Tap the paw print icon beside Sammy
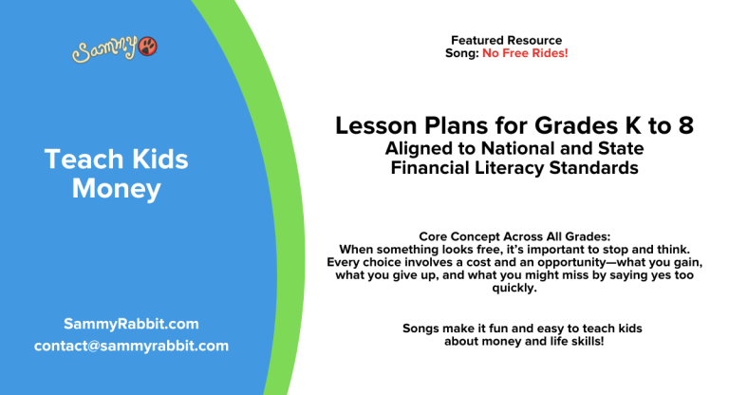point(147,47)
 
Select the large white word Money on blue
point(117,189)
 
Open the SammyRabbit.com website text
point(131,323)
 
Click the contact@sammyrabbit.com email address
point(131,346)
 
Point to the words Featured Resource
point(506,41)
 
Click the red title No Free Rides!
point(525,53)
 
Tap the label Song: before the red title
point(462,53)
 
